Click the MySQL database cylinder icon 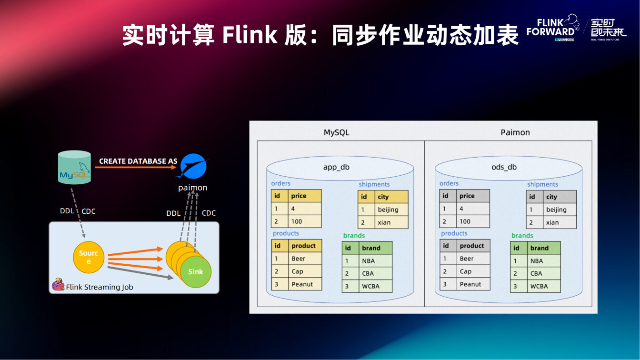click(x=74, y=167)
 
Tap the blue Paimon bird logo click(x=193, y=166)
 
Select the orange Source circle click(x=88, y=258)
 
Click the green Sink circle click(x=196, y=272)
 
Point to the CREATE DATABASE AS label click(x=138, y=161)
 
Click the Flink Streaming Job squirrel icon click(x=58, y=285)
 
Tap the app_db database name click(x=336, y=167)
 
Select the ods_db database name click(x=504, y=167)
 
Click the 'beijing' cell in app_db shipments click(x=388, y=210)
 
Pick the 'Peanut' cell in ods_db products click(x=470, y=284)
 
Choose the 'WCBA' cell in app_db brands click(x=371, y=286)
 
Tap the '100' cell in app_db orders click(x=297, y=221)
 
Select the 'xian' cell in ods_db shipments click(x=552, y=222)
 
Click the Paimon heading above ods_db click(x=515, y=132)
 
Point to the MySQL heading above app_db click(x=337, y=132)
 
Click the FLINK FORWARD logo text click(x=550, y=28)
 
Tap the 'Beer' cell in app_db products click(x=299, y=259)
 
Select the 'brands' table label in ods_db click(x=522, y=235)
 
